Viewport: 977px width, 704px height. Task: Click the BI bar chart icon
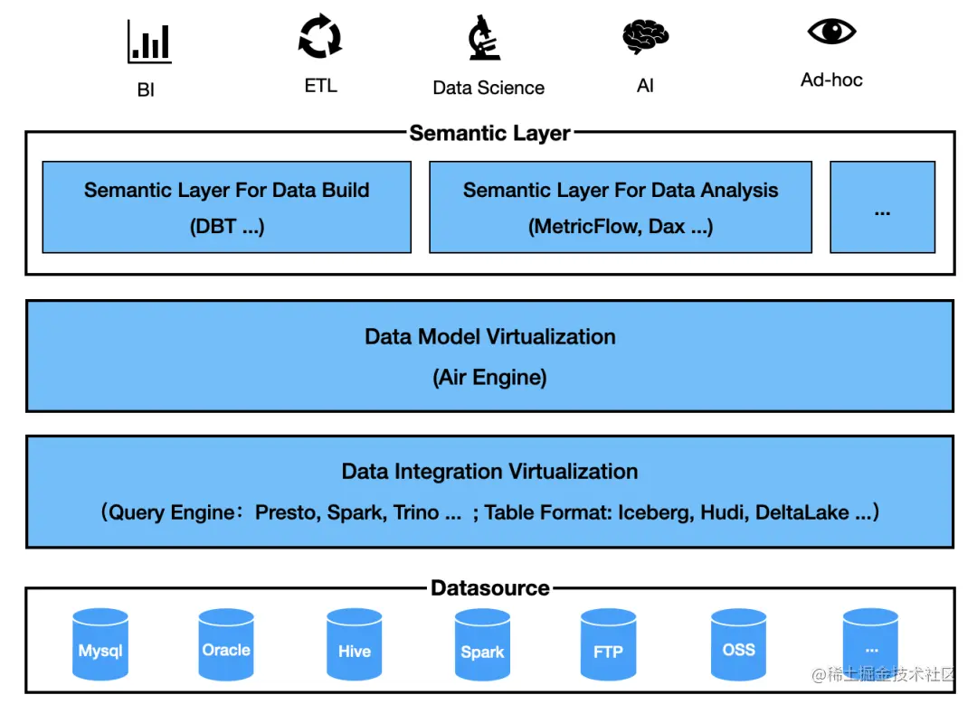[x=148, y=42]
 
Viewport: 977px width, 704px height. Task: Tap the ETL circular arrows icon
[x=320, y=38]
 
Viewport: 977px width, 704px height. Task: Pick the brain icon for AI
[x=645, y=38]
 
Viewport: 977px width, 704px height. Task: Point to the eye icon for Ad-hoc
[x=831, y=33]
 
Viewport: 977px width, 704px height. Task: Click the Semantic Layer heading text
[x=489, y=134]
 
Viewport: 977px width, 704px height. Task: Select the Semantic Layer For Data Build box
[x=227, y=207]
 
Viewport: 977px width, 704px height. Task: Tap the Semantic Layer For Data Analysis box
[x=621, y=207]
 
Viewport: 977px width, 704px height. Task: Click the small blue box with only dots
[x=882, y=207]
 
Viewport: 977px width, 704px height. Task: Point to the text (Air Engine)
[x=489, y=377]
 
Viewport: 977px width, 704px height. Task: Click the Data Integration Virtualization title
[x=489, y=472]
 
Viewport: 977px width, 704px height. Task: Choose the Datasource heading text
[x=489, y=588]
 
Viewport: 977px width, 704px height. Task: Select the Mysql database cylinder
[x=100, y=644]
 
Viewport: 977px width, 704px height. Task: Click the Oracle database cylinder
[x=226, y=644]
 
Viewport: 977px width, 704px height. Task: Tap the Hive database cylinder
[x=355, y=644]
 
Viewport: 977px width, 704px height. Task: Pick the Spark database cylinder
[x=482, y=644]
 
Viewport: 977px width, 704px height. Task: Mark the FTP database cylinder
[x=608, y=644]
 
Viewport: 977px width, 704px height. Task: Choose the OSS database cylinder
[x=738, y=644]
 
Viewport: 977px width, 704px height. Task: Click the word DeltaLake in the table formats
[x=802, y=513]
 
